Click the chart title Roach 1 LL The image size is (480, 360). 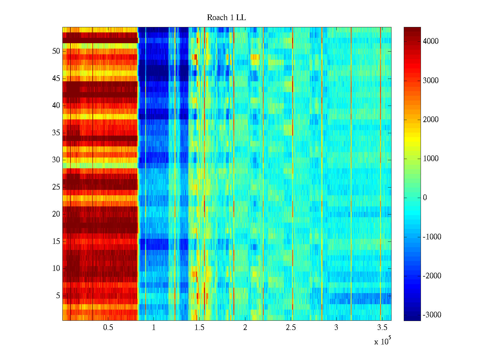tap(226, 18)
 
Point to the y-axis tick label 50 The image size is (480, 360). tap(56, 51)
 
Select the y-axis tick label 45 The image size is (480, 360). tap(56, 79)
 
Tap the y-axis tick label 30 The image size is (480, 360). tap(56, 160)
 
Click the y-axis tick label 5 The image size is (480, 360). tap(58, 296)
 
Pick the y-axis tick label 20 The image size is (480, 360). tap(56, 214)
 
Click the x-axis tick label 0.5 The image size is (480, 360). tap(108, 328)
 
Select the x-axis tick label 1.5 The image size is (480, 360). tap(199, 328)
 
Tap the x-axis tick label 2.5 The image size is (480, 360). tap(291, 328)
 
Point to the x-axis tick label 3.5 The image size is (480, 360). tap(382, 328)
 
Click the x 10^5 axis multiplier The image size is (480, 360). tap(382, 341)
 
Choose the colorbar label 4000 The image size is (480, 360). tap(430, 41)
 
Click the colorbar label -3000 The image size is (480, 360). tap(432, 315)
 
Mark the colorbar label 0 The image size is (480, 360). tap(425, 198)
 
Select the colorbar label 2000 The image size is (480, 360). tap(430, 120)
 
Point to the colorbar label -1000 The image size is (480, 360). tap(432, 237)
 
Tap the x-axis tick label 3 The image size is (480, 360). tap(336, 328)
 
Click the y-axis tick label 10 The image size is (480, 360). tap(56, 268)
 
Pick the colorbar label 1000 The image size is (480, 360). tap(430, 159)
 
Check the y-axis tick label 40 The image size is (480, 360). tap(56, 106)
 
